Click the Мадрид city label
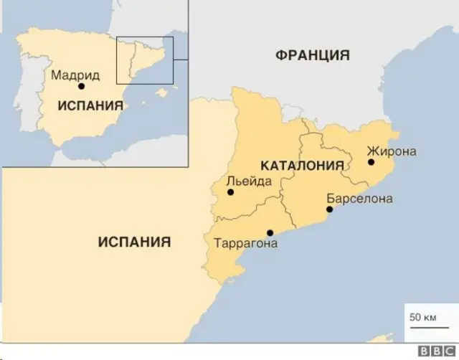[x=75, y=75]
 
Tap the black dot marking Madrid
[x=81, y=86]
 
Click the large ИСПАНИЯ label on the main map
[x=134, y=242]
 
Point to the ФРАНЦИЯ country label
[x=312, y=55]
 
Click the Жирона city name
[x=391, y=151]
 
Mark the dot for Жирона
[x=371, y=162]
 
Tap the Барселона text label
[x=359, y=199]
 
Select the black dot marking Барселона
[x=329, y=209]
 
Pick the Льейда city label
[x=249, y=181]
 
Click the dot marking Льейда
[x=229, y=192]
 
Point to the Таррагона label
[x=245, y=244]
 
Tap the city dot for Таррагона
[x=270, y=232]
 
